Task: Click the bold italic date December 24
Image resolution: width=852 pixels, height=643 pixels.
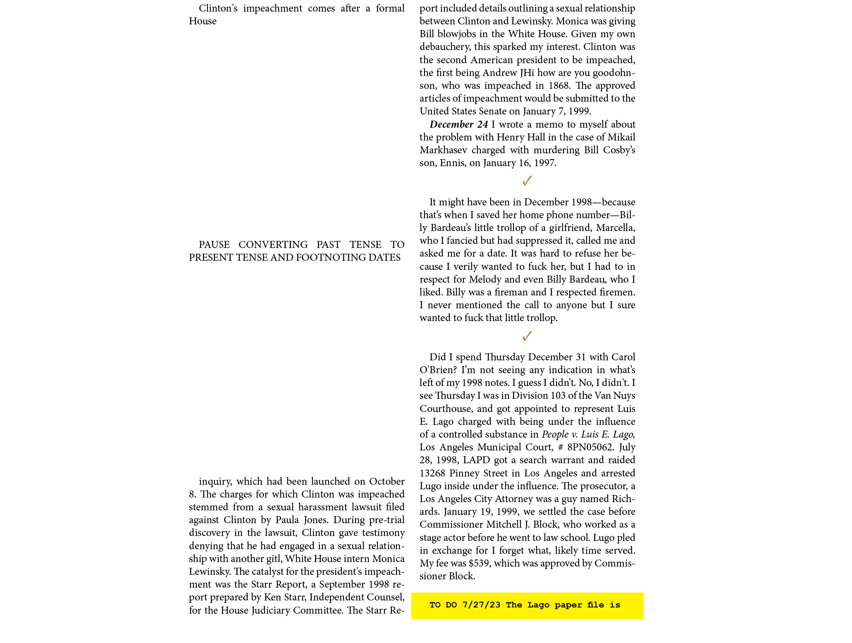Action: click(458, 124)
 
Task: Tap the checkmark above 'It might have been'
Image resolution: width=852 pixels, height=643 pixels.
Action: click(527, 181)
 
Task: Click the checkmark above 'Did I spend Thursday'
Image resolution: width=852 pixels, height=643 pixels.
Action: click(527, 336)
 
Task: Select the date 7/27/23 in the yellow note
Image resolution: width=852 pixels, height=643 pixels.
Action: click(481, 605)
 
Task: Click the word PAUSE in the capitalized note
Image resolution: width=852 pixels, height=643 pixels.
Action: click(214, 245)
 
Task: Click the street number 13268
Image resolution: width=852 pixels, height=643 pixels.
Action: click(432, 473)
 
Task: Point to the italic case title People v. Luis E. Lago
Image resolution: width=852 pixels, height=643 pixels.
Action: click(589, 435)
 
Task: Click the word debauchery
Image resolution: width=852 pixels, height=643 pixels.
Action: click(444, 47)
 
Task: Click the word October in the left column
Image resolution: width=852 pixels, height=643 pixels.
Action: click(387, 481)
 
